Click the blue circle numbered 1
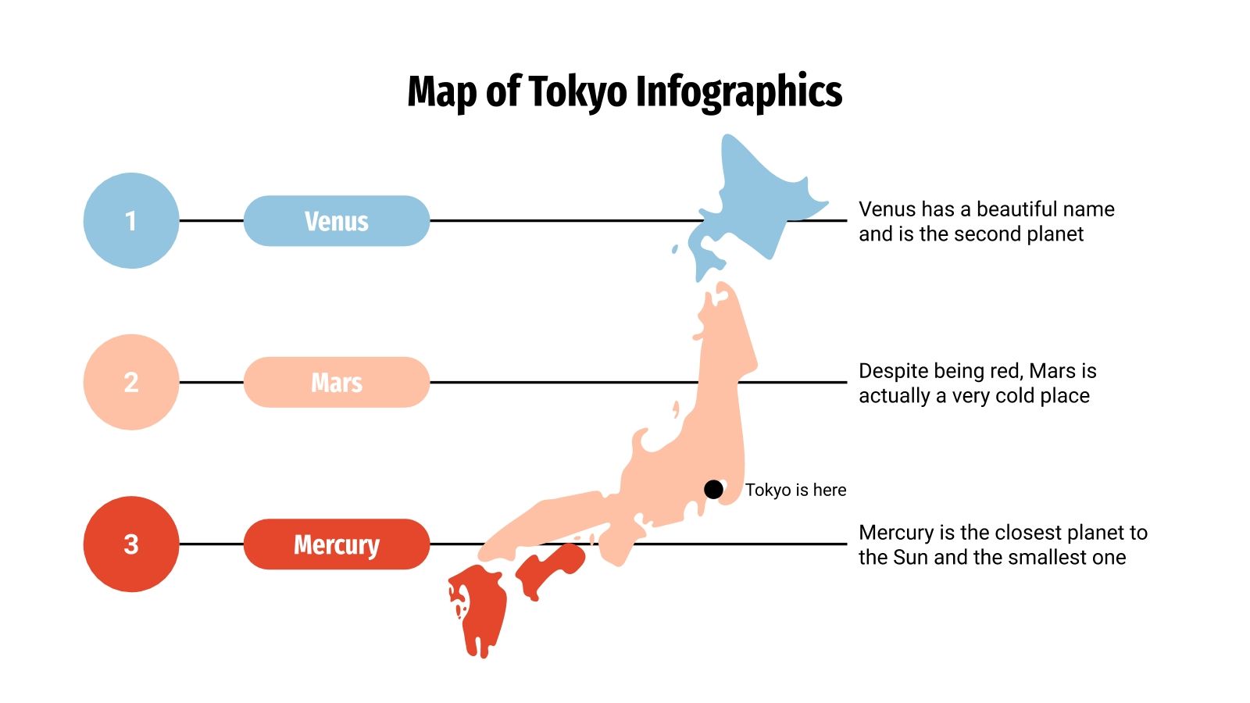(131, 221)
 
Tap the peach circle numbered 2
(131, 382)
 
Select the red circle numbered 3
(131, 544)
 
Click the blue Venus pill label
(337, 221)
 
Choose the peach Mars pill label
(337, 382)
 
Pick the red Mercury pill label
(337, 544)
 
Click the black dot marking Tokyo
(713, 489)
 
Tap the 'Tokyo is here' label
(795, 490)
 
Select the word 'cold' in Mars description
(1015, 396)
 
